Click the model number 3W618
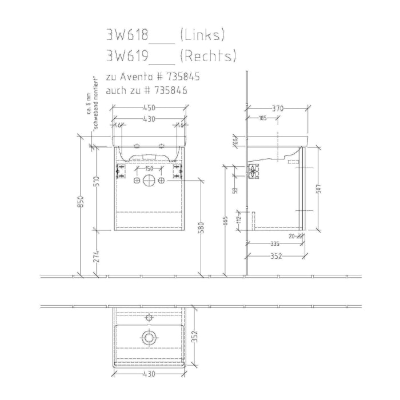(x=127, y=35)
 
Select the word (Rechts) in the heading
(x=207, y=56)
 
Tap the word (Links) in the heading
(x=202, y=35)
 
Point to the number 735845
(x=181, y=76)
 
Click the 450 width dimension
(x=149, y=107)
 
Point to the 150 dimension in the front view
(x=149, y=169)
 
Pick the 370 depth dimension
(x=278, y=107)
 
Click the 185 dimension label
(x=263, y=118)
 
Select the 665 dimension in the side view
(x=226, y=220)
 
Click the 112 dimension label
(x=239, y=217)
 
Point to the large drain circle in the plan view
(x=149, y=338)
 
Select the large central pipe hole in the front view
(x=149, y=181)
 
